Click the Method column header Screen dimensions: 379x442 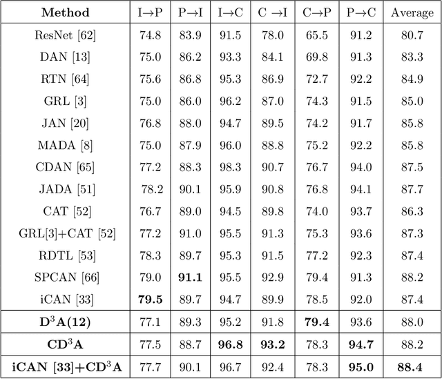[66, 12]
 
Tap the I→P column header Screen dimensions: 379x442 [151, 12]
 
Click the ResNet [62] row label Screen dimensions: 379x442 [66, 36]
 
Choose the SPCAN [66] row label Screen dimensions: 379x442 [66, 277]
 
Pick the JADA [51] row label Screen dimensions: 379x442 [66, 189]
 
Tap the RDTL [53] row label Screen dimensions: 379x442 [66, 255]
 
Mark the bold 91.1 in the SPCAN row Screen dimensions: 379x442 [190, 277]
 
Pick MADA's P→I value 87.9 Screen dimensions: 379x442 [190, 145]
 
